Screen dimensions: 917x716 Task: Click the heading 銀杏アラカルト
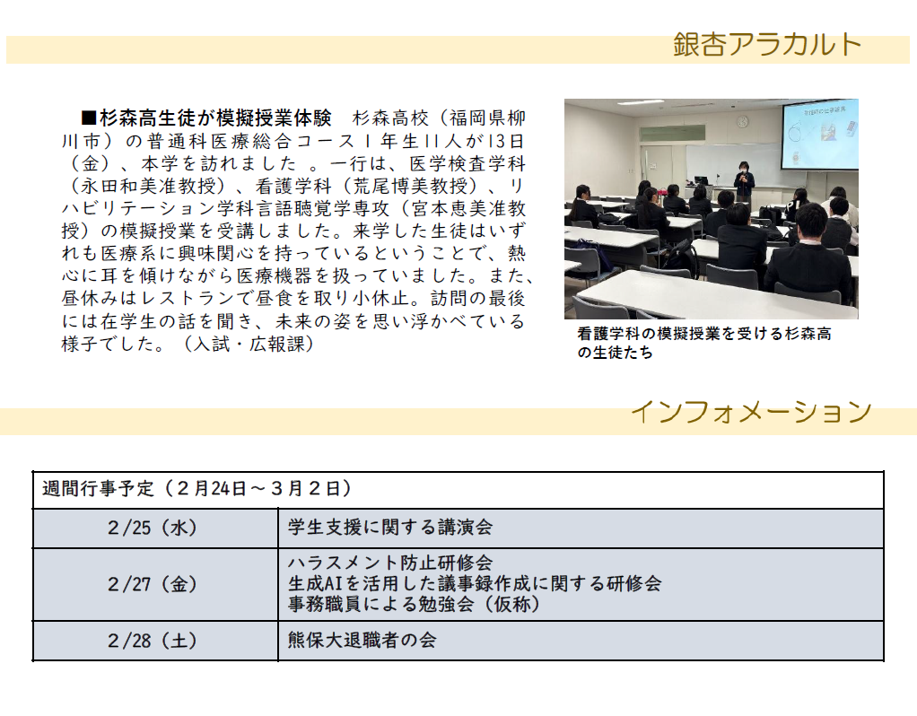click(x=767, y=45)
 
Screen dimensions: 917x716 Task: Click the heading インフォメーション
click(x=751, y=412)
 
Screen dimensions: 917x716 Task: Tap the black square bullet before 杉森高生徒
click(x=89, y=118)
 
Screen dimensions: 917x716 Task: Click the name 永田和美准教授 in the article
click(x=148, y=186)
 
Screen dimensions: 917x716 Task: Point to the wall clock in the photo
click(x=742, y=122)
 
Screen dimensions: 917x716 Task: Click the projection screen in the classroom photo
click(x=820, y=135)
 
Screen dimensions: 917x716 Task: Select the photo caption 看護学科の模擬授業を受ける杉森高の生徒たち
click(x=703, y=343)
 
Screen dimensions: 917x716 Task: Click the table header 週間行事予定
click(x=98, y=488)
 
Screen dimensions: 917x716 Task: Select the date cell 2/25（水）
click(x=153, y=528)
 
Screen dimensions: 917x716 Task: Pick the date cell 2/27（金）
click(x=153, y=584)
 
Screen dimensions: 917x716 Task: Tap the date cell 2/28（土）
click(x=153, y=641)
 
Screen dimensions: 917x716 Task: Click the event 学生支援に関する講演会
click(x=390, y=528)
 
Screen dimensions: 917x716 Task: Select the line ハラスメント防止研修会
click(x=390, y=563)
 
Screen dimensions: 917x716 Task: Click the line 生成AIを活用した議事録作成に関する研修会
click(x=475, y=583)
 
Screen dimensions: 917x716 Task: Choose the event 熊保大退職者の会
click(x=362, y=640)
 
